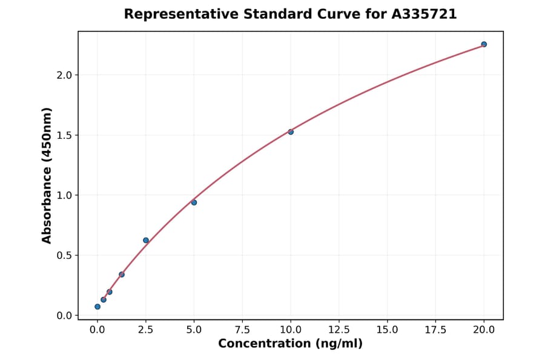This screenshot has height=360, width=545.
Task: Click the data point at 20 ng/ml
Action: (484, 44)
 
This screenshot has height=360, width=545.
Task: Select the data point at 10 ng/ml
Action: (291, 132)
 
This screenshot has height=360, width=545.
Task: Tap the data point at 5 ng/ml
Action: (194, 202)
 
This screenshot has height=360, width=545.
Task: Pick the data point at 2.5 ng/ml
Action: (146, 241)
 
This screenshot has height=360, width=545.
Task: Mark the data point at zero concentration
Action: (97, 307)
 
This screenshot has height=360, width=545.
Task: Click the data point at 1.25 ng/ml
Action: (122, 275)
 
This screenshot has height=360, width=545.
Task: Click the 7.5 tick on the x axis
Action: (242, 330)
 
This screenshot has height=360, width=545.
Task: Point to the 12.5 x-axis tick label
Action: (339, 330)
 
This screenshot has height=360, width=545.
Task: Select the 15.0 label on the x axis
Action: (387, 330)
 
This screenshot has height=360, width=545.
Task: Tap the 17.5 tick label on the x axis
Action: (435, 330)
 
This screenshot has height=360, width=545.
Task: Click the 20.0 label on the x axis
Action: (484, 330)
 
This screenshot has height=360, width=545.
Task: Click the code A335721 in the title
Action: (424, 14)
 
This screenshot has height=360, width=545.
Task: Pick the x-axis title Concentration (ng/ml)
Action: (290, 344)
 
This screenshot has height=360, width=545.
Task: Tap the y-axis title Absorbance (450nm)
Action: (47, 175)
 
